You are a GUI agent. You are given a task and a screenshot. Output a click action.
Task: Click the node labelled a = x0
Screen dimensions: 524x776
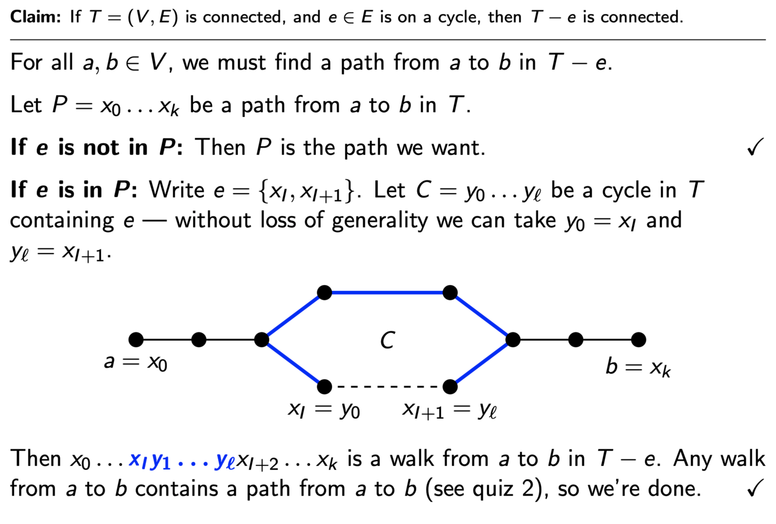coord(136,339)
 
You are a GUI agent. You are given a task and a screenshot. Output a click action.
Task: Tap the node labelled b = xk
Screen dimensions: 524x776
coord(638,339)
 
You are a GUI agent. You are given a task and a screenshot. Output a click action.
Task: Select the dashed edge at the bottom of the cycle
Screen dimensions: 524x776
coord(387,386)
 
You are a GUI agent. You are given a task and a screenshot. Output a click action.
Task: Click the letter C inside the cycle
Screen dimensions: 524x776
coord(387,340)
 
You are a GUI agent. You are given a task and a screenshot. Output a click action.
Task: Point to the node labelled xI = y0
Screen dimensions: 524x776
coord(325,386)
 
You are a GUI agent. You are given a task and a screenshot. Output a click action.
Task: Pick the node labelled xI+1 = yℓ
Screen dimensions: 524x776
coord(450,386)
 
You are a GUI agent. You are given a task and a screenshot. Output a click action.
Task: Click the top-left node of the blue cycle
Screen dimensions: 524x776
coord(325,292)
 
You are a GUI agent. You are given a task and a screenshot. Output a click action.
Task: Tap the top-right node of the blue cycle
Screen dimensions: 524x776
coord(450,292)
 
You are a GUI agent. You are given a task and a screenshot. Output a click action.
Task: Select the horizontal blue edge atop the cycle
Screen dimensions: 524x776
coord(387,292)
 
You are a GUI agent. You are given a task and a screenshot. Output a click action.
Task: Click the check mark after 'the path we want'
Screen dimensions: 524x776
coord(754,148)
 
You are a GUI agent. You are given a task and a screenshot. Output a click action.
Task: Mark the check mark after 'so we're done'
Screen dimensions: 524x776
coord(754,489)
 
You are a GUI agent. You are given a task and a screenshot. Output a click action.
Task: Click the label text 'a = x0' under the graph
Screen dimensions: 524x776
coord(136,362)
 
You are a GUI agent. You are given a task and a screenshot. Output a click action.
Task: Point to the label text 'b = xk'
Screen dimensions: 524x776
coord(638,367)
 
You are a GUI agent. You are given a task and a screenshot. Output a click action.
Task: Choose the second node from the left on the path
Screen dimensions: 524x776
coord(199,339)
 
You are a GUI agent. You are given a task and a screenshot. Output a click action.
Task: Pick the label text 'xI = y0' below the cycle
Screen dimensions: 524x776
coord(323,410)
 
